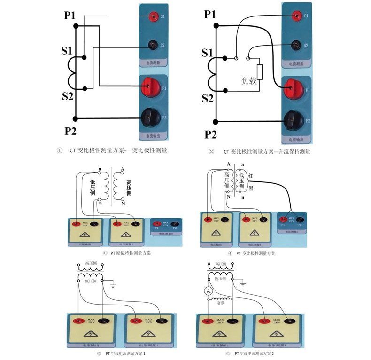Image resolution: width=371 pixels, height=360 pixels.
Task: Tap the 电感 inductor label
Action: [221, 304]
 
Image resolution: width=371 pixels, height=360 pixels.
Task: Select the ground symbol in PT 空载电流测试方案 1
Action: [113, 283]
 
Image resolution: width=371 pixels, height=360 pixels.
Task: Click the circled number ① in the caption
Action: [60, 151]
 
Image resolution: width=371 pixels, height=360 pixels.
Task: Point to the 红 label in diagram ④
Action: [251, 176]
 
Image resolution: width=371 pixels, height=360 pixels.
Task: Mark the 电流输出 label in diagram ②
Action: [295, 140]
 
